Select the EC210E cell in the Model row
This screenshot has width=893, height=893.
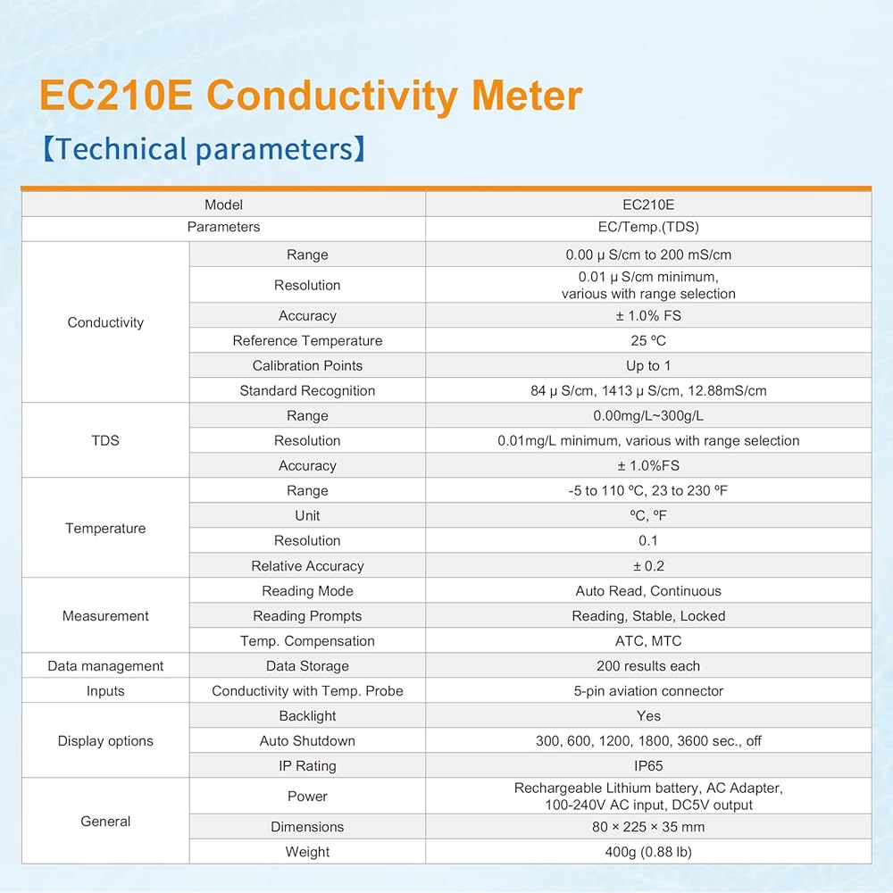point(648,204)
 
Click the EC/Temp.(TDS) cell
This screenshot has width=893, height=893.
point(648,227)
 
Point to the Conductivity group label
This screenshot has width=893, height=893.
point(105,322)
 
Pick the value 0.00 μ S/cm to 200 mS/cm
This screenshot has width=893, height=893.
point(648,255)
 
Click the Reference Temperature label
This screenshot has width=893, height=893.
point(307,340)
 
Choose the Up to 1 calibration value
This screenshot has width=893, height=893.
point(648,365)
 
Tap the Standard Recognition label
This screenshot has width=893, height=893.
point(307,391)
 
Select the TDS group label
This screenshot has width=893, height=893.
point(105,440)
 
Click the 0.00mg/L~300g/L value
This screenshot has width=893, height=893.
point(648,416)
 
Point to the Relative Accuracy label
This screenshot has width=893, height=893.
point(307,566)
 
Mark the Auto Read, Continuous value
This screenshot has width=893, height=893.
point(648,591)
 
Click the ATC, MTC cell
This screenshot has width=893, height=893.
point(648,641)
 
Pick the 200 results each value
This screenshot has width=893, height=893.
point(648,666)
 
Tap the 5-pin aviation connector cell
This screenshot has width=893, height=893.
point(648,691)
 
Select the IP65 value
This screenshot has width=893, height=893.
point(648,766)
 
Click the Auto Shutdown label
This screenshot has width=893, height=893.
point(307,741)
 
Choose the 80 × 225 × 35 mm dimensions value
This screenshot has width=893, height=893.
point(648,827)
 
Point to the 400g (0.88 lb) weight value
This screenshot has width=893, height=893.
point(648,852)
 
